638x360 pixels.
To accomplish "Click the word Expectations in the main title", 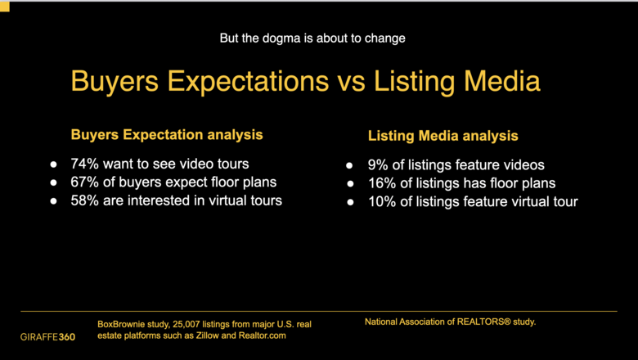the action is pos(248,81).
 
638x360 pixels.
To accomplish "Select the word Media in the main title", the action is pos(502,80).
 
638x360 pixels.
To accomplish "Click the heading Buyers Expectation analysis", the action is pos(167,135).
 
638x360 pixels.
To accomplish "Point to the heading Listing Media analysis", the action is pos(443,136).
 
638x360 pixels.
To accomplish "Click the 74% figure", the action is pos(84,164).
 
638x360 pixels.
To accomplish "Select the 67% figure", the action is pos(84,182).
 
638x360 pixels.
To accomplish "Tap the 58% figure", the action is pos(84,200).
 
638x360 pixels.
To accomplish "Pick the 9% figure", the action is pos(378,164).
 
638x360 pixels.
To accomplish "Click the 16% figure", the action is pos(382,183).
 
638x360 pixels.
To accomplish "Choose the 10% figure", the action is pos(382,202).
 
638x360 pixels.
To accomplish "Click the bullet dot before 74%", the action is pos(53,164).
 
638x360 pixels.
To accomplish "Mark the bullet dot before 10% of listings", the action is pos(350,202).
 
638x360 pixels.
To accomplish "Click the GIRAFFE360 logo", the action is pos(48,337).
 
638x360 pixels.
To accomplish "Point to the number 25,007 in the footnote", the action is pos(186,325).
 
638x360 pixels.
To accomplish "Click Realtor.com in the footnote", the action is pos(262,335).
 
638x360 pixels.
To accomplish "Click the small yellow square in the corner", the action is pos(4,6).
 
